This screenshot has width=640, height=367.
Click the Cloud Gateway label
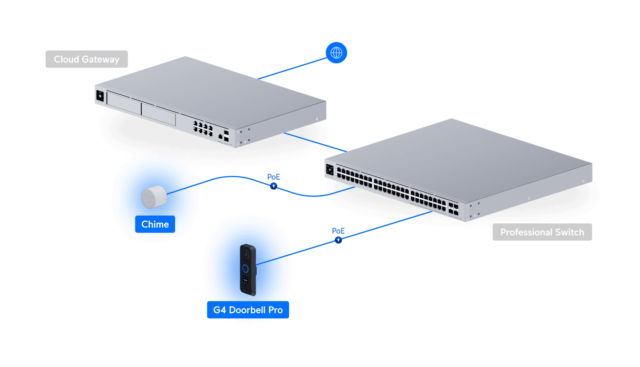(87, 59)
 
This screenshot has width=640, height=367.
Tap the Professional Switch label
(542, 232)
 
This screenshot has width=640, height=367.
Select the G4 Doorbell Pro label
(248, 310)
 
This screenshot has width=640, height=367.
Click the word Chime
(155, 224)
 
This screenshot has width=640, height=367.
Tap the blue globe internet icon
(336, 53)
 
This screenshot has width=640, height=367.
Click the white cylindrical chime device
(154, 197)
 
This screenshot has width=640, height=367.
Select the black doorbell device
(248, 270)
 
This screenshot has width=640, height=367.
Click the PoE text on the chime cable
(274, 177)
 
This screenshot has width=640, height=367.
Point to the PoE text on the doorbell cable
(338, 231)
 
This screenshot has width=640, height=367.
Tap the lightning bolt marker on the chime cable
(274, 186)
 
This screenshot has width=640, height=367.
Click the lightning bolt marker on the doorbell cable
(338, 240)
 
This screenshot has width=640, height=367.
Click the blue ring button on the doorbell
(245, 268)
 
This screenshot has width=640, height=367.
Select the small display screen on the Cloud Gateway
(100, 96)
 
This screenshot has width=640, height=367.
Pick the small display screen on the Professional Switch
(330, 170)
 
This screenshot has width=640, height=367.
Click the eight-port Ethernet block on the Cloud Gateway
(203, 128)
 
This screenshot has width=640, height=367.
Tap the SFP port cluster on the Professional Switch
(453, 209)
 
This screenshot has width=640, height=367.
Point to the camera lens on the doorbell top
(246, 254)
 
